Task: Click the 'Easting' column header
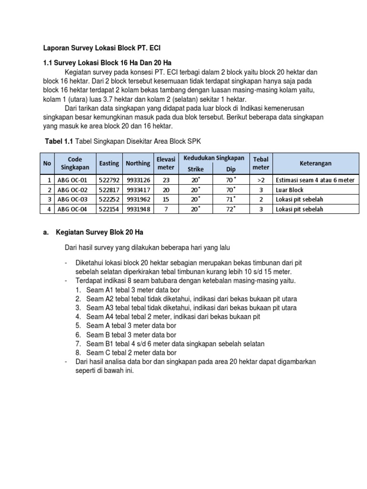[x=109, y=163]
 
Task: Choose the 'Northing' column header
[x=138, y=163]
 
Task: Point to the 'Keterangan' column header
[x=316, y=163]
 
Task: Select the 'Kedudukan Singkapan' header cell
[x=214, y=158]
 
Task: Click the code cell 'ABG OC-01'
[x=73, y=180]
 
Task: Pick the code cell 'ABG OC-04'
[x=73, y=209]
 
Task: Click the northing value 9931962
[x=138, y=200]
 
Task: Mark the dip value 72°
[x=231, y=209]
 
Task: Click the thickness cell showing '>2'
[x=261, y=180]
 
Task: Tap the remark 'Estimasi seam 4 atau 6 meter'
[x=315, y=180]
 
